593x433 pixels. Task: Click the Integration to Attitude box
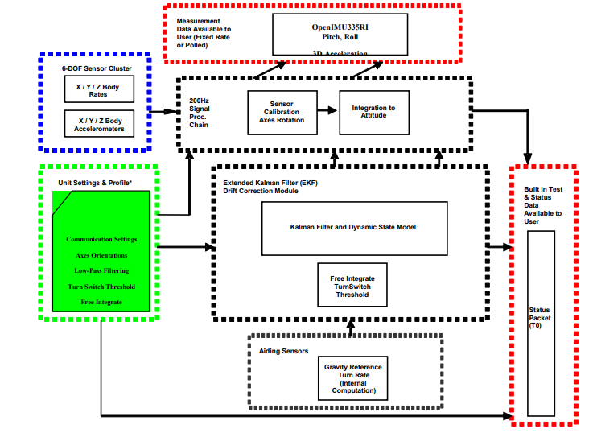[x=374, y=112]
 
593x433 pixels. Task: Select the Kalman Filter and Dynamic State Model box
[x=353, y=227]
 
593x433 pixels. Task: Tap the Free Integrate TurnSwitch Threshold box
[x=352, y=286]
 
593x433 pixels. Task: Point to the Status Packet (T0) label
[x=539, y=317]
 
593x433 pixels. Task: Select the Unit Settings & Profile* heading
[x=95, y=183]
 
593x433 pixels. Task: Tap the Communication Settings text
[x=101, y=239]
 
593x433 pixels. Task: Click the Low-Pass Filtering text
[x=101, y=270]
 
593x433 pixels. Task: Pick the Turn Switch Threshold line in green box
[x=101, y=287]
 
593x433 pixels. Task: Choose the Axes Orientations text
[x=101, y=254]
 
